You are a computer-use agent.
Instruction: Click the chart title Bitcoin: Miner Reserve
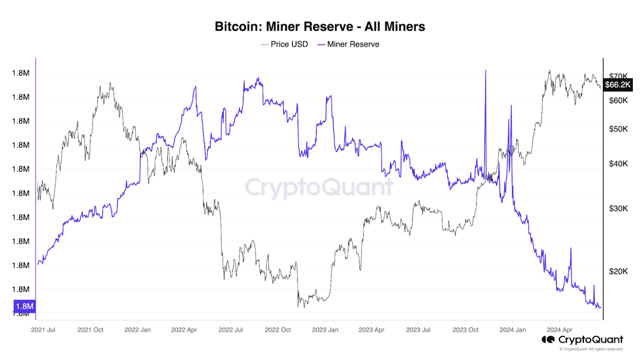point(320,27)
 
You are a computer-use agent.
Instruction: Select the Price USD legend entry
point(284,44)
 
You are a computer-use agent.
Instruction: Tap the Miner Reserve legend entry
point(348,44)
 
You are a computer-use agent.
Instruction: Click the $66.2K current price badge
point(617,84)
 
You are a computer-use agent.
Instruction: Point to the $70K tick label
point(619,76)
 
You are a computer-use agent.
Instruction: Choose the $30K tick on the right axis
point(619,208)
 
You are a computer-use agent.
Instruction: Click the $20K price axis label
point(619,271)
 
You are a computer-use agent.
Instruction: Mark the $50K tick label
point(619,129)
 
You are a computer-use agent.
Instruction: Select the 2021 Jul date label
point(43,330)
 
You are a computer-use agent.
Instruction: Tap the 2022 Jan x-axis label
point(137,330)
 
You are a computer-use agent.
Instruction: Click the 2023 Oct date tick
point(465,330)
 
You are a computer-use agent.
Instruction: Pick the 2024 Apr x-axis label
point(559,330)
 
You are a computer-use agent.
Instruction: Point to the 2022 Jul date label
point(231,330)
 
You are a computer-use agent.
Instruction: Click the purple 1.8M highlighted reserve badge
point(24,306)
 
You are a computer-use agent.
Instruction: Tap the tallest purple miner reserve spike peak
point(485,70)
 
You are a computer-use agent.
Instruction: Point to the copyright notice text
point(591,349)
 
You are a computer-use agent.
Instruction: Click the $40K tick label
point(619,164)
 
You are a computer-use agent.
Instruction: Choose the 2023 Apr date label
point(371,330)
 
